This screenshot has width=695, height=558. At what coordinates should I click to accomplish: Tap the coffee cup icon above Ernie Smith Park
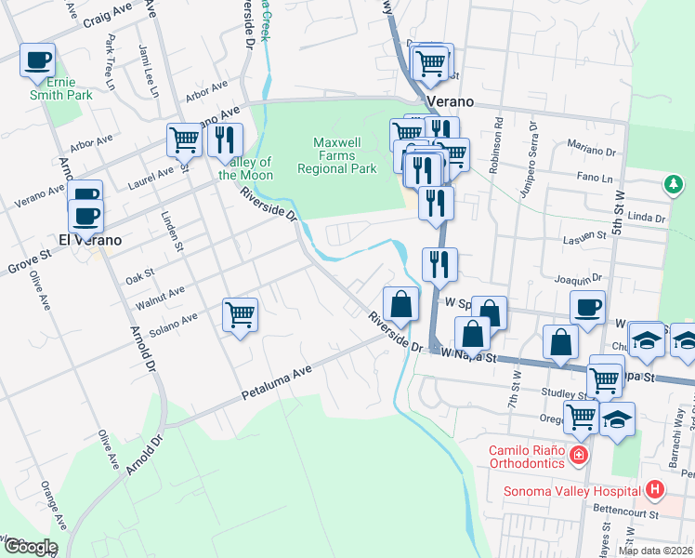[x=38, y=60]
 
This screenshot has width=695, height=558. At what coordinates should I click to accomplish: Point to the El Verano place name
[x=91, y=239]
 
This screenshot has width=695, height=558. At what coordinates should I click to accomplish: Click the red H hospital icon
[x=655, y=489]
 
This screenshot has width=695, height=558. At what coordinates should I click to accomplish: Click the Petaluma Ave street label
[x=276, y=383]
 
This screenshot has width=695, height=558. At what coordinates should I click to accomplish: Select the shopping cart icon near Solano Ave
[x=241, y=316]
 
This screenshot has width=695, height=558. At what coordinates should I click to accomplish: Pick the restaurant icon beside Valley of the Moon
[x=224, y=140]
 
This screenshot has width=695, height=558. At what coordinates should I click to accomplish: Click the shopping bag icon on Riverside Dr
[x=400, y=303]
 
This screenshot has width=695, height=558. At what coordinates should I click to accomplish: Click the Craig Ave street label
[x=108, y=16]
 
